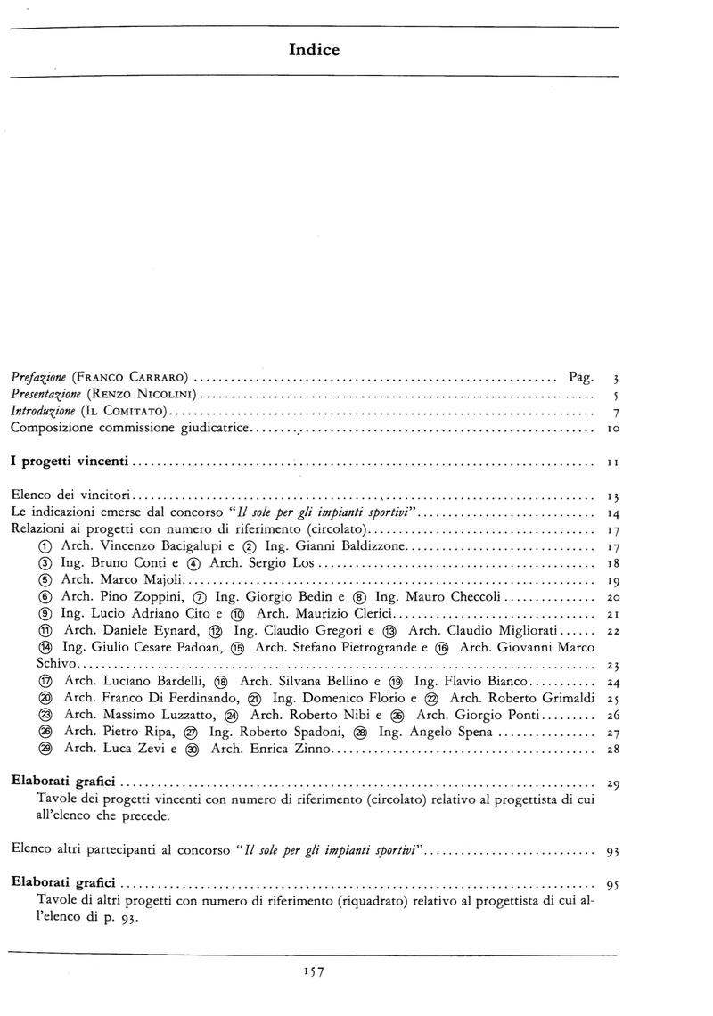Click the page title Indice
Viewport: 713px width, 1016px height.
314,51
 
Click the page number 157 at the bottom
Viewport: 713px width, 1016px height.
315,972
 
